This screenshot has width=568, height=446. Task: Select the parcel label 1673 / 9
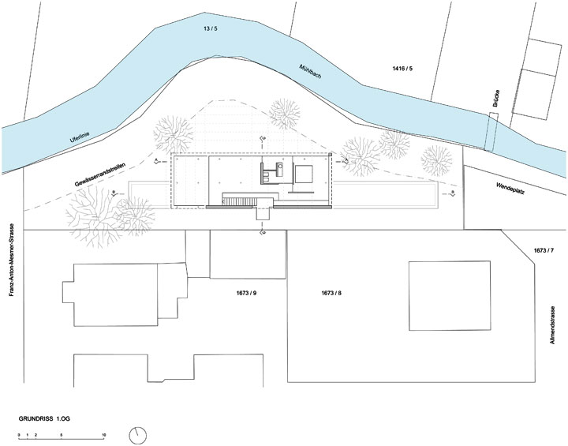coord(246,293)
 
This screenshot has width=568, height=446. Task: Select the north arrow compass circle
coord(140,434)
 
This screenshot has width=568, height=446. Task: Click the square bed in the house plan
coord(305,173)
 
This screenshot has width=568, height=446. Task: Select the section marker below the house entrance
coord(263,234)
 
